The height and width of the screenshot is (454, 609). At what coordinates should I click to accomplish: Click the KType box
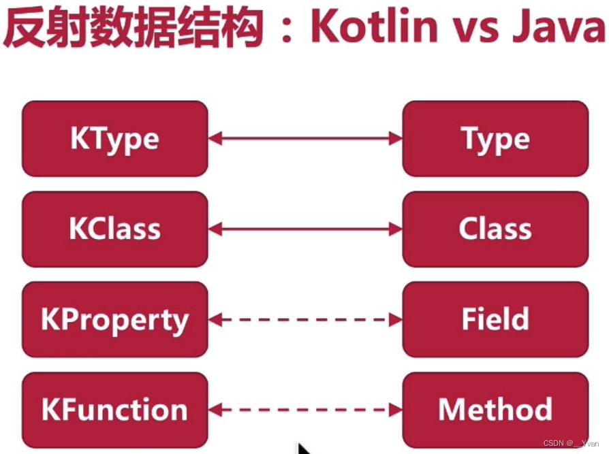click(x=114, y=139)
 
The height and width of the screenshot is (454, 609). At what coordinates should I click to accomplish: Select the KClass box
click(x=114, y=229)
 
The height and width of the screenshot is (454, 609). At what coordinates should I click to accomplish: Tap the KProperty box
click(x=114, y=320)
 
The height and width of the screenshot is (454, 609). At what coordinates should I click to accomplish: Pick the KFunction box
click(x=114, y=410)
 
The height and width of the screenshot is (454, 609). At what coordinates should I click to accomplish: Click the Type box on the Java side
click(x=495, y=139)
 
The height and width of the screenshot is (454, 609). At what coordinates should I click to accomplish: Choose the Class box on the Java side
click(x=495, y=229)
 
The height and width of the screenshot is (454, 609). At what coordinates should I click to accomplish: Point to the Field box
click(x=495, y=320)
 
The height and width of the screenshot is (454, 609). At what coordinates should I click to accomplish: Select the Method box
click(x=495, y=410)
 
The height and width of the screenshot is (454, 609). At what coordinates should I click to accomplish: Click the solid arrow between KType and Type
click(x=305, y=139)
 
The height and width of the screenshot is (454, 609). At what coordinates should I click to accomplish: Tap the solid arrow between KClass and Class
click(x=305, y=229)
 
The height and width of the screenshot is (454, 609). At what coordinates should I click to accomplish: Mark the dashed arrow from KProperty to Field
click(x=305, y=320)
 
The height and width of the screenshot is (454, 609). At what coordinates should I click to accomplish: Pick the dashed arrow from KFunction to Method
click(x=305, y=410)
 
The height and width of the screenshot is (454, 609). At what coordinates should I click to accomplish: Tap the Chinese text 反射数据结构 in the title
click(x=133, y=29)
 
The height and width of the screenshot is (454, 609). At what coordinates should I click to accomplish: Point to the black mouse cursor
click(x=304, y=449)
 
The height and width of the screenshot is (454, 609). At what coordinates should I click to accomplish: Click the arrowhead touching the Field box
click(x=396, y=320)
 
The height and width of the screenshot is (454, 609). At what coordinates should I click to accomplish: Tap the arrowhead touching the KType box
click(x=215, y=139)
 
